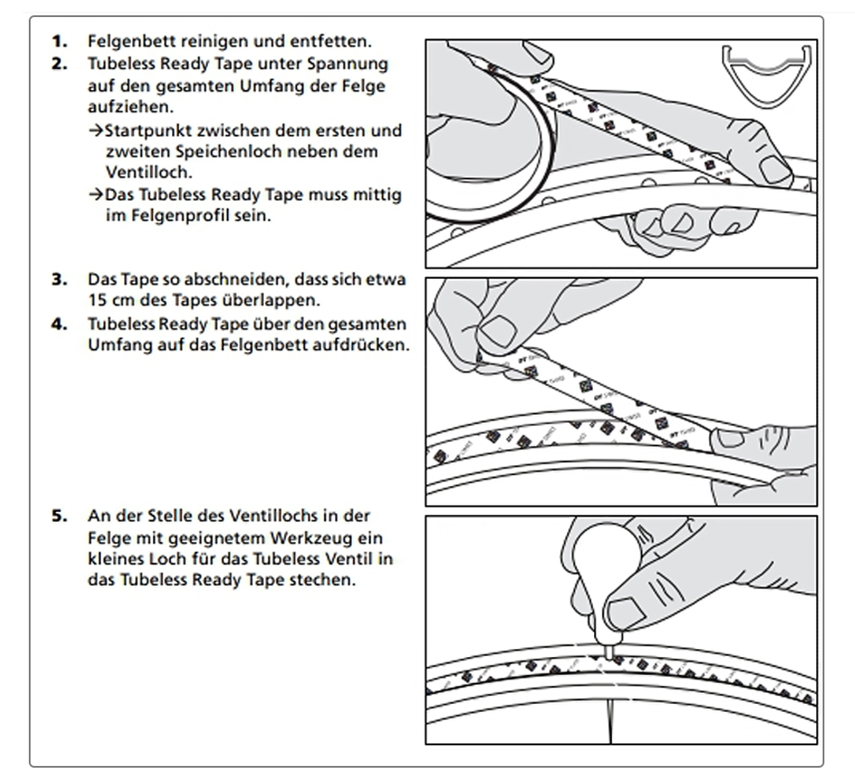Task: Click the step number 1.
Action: click(58, 41)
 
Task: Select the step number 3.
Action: click(58, 279)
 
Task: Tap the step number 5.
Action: click(58, 516)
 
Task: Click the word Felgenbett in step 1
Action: click(126, 41)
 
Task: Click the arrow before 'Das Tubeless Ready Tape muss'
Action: click(95, 195)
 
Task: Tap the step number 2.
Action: click(58, 64)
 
